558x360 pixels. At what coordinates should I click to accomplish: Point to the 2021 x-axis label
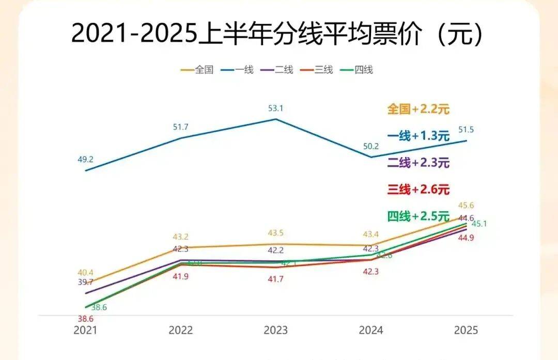86,330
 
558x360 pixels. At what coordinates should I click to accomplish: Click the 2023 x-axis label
276,330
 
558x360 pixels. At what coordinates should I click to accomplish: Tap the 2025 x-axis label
466,330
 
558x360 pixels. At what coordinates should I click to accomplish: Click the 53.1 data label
275,108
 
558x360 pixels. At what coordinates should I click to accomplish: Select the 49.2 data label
86,160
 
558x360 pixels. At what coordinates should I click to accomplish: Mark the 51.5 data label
466,130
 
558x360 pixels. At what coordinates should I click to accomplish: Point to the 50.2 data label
370,147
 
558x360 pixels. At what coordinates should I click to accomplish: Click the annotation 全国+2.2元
419,109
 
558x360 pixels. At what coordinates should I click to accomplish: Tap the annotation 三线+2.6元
419,190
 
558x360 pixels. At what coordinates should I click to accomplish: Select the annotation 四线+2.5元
419,216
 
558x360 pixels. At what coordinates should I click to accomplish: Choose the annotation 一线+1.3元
419,136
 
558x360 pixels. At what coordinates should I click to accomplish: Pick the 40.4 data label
85,273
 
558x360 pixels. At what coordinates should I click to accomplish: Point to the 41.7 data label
275,279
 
